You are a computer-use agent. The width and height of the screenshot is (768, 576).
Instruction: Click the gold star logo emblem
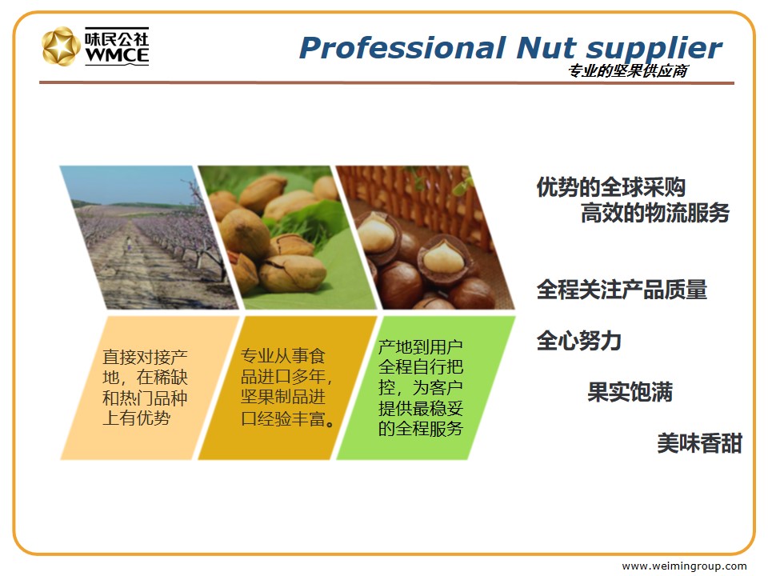(61, 46)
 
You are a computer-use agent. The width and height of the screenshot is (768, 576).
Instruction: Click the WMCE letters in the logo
(117, 55)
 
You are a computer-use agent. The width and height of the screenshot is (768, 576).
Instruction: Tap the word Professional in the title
(402, 48)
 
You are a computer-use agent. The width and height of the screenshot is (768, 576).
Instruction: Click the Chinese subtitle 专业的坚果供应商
(628, 71)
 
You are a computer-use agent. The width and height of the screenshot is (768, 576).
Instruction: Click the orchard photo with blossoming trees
(150, 238)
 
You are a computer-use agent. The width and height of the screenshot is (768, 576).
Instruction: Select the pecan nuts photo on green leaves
(287, 238)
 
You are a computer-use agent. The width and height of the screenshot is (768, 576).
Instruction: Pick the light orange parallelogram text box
(150, 388)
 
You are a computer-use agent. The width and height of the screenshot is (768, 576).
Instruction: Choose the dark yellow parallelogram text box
(287, 388)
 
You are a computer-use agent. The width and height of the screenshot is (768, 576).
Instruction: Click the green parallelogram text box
(426, 388)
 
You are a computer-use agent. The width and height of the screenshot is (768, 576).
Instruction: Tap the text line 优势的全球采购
(610, 187)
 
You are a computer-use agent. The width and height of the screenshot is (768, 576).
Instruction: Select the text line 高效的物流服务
(655, 213)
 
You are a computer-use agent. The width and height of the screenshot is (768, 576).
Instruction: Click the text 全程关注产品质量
(622, 290)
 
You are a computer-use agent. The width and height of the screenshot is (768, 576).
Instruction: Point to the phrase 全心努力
(579, 341)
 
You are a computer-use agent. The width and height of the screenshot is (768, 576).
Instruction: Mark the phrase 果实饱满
(630, 392)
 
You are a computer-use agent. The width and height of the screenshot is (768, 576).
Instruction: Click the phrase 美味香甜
(699, 443)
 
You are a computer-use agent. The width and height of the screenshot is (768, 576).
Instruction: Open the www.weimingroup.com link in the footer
(684, 566)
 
